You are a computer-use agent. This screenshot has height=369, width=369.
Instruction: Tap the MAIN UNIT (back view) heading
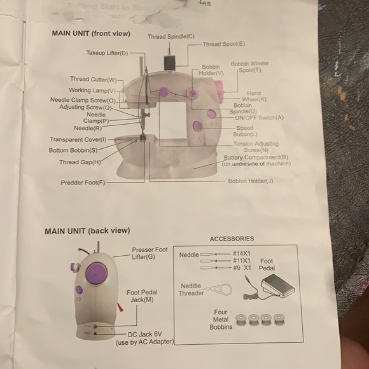[87, 231]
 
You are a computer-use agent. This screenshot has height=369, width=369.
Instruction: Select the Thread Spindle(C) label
[171, 36]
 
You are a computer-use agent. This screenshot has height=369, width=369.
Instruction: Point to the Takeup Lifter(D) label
[107, 53]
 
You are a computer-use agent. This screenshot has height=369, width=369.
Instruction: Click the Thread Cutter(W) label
[94, 80]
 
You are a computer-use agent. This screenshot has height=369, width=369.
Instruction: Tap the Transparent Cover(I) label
[78, 139]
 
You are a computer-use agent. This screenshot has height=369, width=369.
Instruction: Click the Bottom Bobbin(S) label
[73, 150]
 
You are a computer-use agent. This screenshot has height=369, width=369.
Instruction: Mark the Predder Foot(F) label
[83, 183]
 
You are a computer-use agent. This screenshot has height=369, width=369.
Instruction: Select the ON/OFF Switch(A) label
[259, 118]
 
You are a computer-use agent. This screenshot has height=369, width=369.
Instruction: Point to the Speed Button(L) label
[245, 131]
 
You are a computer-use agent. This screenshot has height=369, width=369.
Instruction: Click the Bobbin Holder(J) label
[251, 181]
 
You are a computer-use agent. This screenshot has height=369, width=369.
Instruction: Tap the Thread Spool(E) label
[224, 45]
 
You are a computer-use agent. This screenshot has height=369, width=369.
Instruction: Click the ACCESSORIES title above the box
[232, 239]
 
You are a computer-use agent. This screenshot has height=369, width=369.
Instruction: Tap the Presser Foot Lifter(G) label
[150, 253]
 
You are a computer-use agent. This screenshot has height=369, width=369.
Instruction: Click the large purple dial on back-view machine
[96, 273]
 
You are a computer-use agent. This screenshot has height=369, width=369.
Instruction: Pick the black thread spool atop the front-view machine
[170, 62]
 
